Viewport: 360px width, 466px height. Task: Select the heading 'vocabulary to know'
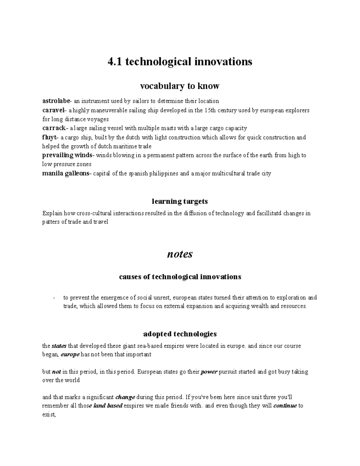click(180, 86)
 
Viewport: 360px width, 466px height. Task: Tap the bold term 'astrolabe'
click(56, 101)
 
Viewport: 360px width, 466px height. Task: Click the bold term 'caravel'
click(53, 110)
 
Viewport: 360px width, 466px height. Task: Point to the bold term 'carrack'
click(54, 128)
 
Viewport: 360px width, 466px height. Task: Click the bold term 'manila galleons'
click(65, 173)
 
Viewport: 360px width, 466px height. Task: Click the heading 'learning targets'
click(180, 201)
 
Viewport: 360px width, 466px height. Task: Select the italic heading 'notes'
click(180, 254)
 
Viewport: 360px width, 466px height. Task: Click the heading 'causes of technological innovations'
click(180, 277)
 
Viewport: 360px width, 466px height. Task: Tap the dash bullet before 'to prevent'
click(54, 298)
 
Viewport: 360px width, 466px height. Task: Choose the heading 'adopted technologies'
click(180, 334)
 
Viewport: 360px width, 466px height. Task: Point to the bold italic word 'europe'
click(70, 354)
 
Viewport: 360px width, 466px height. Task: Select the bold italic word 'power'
click(209, 372)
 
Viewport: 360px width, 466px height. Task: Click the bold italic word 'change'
click(125, 397)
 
